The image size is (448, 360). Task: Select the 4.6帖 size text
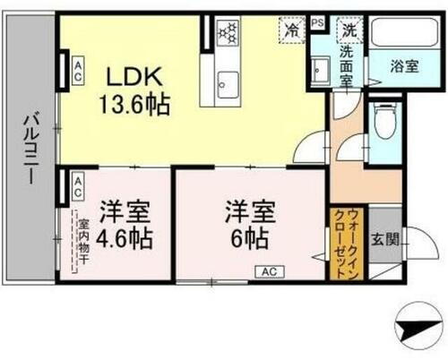[125, 239]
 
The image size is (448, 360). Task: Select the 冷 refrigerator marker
[291, 29]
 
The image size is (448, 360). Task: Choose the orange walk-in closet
[348, 242]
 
